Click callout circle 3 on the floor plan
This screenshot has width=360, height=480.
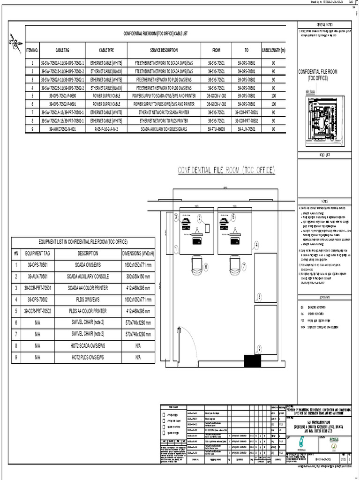(176, 217)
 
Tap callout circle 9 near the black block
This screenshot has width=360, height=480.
(259, 349)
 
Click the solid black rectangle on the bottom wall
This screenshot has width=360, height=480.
(253, 361)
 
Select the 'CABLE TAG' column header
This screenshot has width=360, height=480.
(62, 49)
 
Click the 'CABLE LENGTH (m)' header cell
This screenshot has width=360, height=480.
(274, 49)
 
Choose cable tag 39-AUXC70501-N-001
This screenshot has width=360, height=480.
(62, 128)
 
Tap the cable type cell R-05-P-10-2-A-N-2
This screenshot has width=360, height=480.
(106, 128)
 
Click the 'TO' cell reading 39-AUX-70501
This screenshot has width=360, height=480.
(246, 128)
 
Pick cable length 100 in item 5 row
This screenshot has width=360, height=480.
(274, 95)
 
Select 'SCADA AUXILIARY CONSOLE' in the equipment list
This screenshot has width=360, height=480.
(88, 276)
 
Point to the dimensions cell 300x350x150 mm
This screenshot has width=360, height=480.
(138, 276)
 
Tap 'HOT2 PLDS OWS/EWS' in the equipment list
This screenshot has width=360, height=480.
(88, 357)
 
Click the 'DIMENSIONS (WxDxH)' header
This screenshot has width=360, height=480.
(138, 253)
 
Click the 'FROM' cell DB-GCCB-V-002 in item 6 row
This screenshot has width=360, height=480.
(216, 103)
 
